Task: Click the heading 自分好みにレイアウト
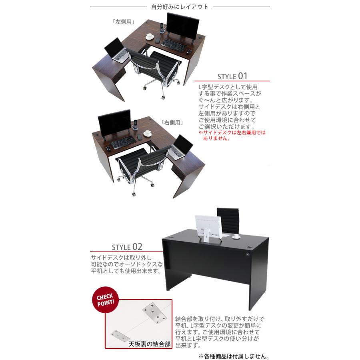coord(180,7)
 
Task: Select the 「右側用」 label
coord(172,123)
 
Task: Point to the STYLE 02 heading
coord(127,246)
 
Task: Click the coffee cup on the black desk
coord(236,236)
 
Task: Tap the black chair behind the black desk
coord(228,220)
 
